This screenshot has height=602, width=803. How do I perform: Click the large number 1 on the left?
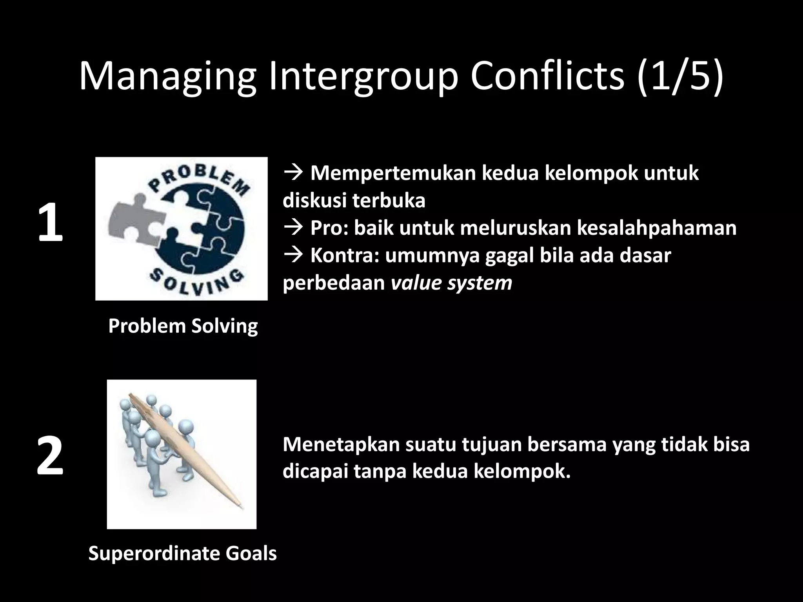point(50,223)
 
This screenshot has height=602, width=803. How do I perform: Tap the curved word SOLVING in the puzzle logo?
point(196,282)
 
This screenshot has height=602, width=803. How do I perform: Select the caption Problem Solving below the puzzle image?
point(183,326)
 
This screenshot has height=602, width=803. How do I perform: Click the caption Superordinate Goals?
point(183,553)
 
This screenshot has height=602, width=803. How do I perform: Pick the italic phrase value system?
point(452,283)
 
